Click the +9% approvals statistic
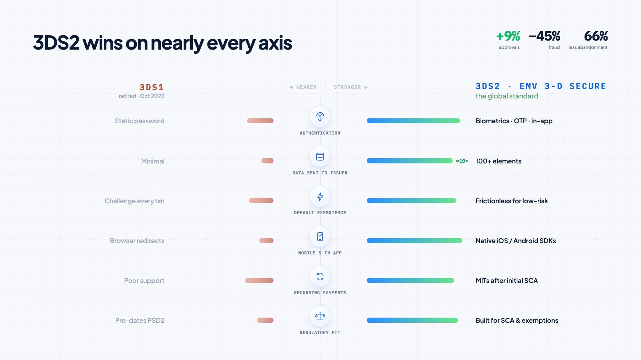508,36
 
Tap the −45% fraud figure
544,36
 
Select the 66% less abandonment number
596,36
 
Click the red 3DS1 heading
152,87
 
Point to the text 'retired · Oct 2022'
142,96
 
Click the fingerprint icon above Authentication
320,117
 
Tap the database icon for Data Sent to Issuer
320,157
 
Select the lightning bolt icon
320,197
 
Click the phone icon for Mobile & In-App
320,237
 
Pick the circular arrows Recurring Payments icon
320,277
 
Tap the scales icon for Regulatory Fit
320,316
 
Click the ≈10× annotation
462,161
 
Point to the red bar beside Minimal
267,161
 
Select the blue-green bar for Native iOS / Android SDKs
414,241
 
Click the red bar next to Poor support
259,280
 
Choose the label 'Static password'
140,121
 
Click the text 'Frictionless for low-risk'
512,201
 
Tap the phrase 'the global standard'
507,96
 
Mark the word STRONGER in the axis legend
348,87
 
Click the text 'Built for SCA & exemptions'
517,321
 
